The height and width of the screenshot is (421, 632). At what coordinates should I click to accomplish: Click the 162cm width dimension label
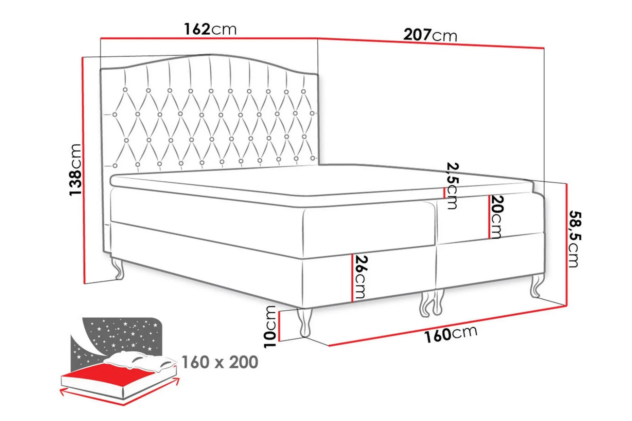210,29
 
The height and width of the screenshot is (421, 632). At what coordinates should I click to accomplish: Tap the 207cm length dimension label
430,35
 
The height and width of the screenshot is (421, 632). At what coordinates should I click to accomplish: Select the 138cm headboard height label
75,170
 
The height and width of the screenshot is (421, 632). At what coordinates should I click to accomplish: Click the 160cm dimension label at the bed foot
451,334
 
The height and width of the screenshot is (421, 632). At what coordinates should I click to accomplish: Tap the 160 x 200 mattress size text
220,362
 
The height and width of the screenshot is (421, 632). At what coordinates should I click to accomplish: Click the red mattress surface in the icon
109,376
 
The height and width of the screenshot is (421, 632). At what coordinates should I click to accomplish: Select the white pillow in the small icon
139,361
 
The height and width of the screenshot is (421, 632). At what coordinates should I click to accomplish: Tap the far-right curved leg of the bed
537,285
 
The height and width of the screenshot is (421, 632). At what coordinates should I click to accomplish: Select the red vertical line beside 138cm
83,170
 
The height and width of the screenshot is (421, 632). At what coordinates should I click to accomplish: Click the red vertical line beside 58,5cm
566,245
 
